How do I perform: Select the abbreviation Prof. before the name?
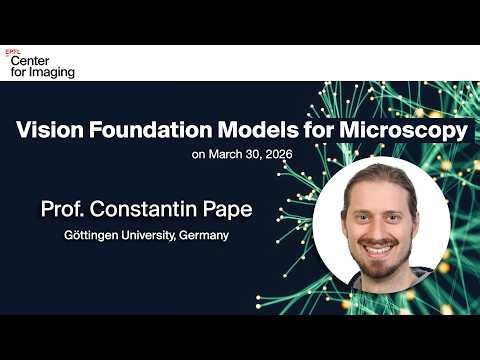click(62, 211)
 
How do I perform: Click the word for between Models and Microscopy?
click(316, 131)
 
